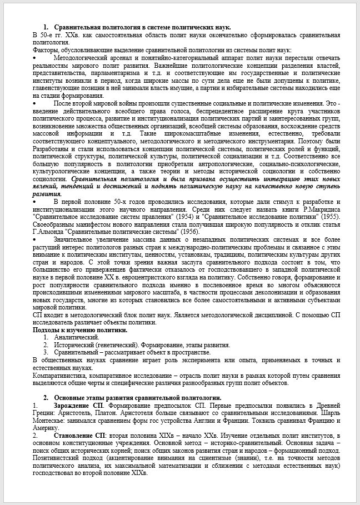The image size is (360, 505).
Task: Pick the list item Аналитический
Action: pyautogui.click(x=76, y=337)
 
